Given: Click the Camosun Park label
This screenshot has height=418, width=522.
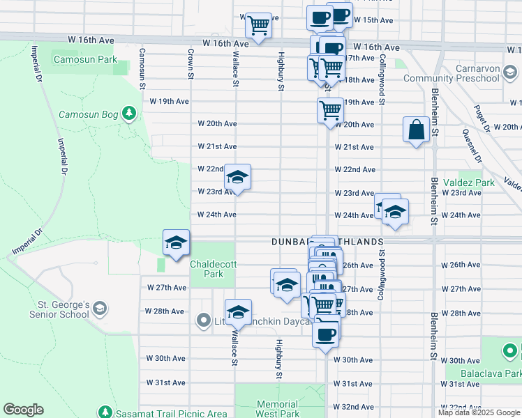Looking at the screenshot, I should pos(88,60).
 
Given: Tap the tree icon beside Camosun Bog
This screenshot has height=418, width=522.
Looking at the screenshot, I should pos(128,113).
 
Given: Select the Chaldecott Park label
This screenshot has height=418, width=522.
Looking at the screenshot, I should pos(207,269).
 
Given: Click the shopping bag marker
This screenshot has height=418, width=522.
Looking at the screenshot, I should pos(416,130).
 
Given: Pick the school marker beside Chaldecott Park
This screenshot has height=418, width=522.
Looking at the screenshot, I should pos(176,243).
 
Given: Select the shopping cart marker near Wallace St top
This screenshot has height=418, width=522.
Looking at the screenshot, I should pos(259,26).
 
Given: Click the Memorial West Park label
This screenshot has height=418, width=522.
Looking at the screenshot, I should pos(277,409).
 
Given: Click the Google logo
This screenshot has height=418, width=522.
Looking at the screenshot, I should pos(23,410).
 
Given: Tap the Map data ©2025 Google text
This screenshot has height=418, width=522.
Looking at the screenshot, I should pos(479,412).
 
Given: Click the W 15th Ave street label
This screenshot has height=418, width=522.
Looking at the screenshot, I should pos(373,20).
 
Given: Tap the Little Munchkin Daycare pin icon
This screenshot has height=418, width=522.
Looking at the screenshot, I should pos(204,320).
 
